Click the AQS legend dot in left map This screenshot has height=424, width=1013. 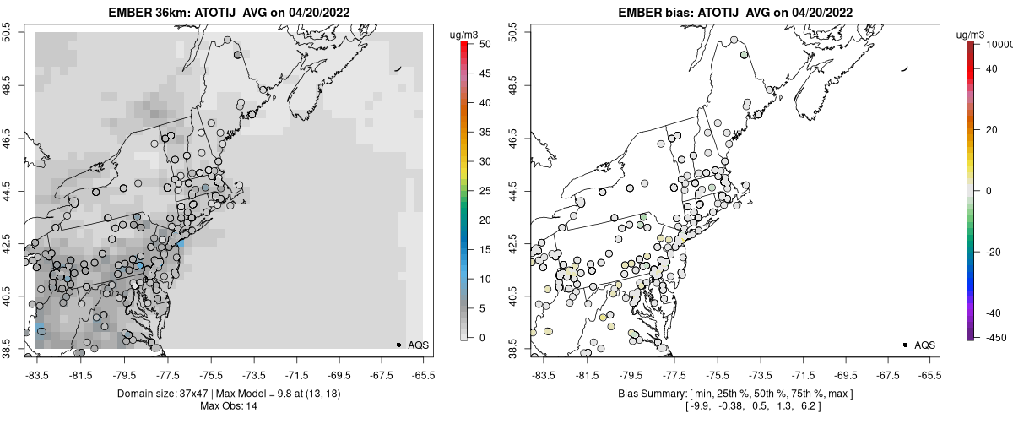pos(398,345)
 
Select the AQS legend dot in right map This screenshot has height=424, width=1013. pos(904,345)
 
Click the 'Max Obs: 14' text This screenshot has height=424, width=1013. pos(229,406)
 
